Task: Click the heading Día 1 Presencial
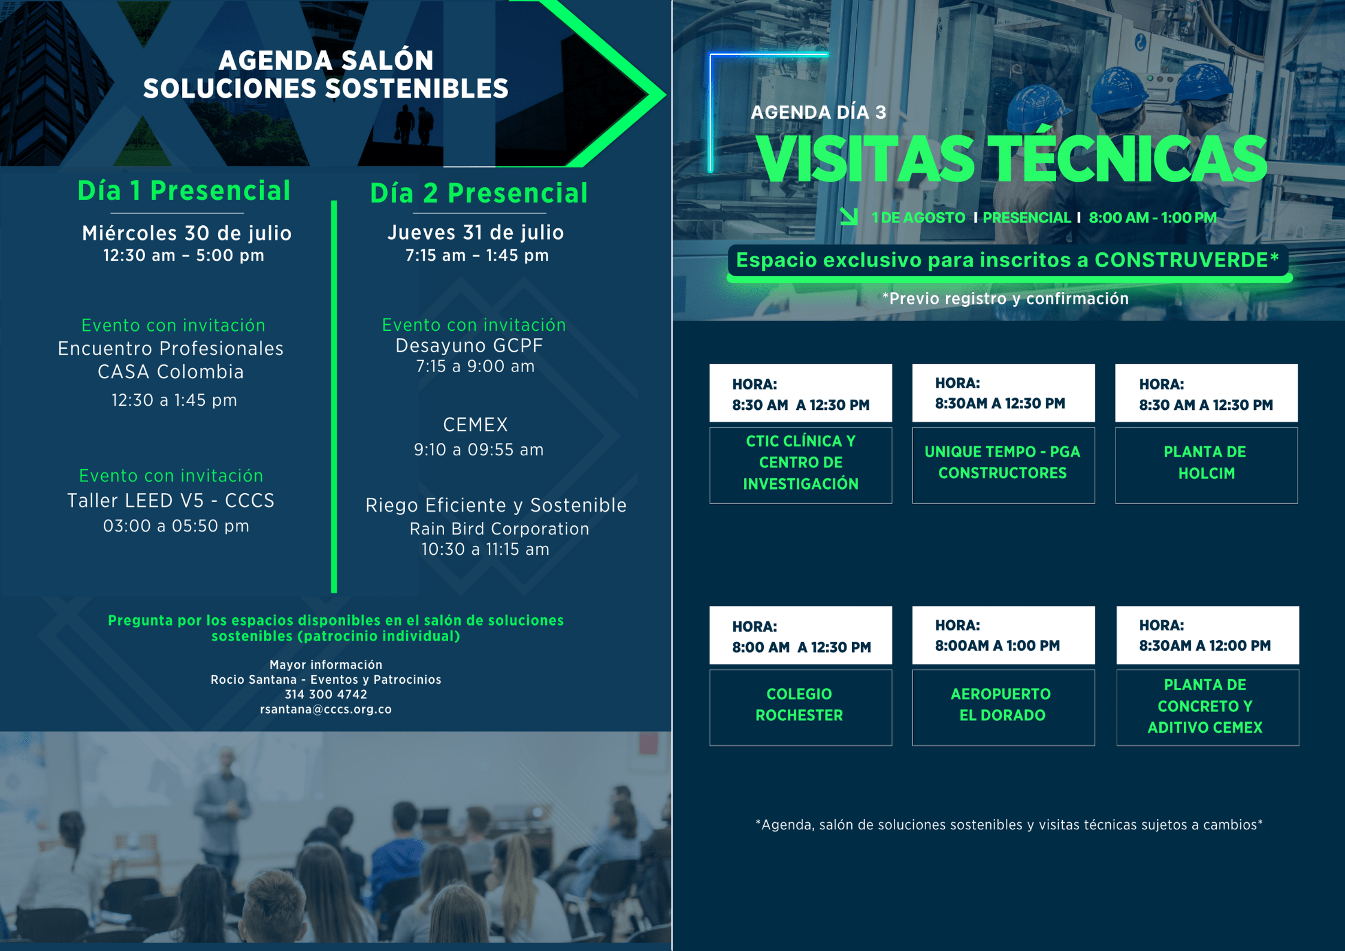(184, 191)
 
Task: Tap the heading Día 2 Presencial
(479, 193)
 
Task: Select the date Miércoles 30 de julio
(187, 233)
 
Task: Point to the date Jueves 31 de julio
(476, 232)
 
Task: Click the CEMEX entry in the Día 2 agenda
(476, 424)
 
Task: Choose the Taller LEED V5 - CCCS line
(171, 500)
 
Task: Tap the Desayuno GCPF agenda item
(469, 345)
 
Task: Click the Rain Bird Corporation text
(499, 529)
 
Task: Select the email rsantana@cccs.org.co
(326, 709)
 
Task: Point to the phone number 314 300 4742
(326, 694)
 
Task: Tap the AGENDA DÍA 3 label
(818, 112)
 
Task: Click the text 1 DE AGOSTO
(918, 218)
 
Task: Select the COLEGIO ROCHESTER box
(800, 707)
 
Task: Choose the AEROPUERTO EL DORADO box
(1004, 707)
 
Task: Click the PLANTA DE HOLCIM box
(1206, 465)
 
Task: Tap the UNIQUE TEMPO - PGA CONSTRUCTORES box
(1004, 465)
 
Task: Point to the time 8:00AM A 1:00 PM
(998, 645)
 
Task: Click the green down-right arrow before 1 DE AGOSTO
(849, 216)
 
